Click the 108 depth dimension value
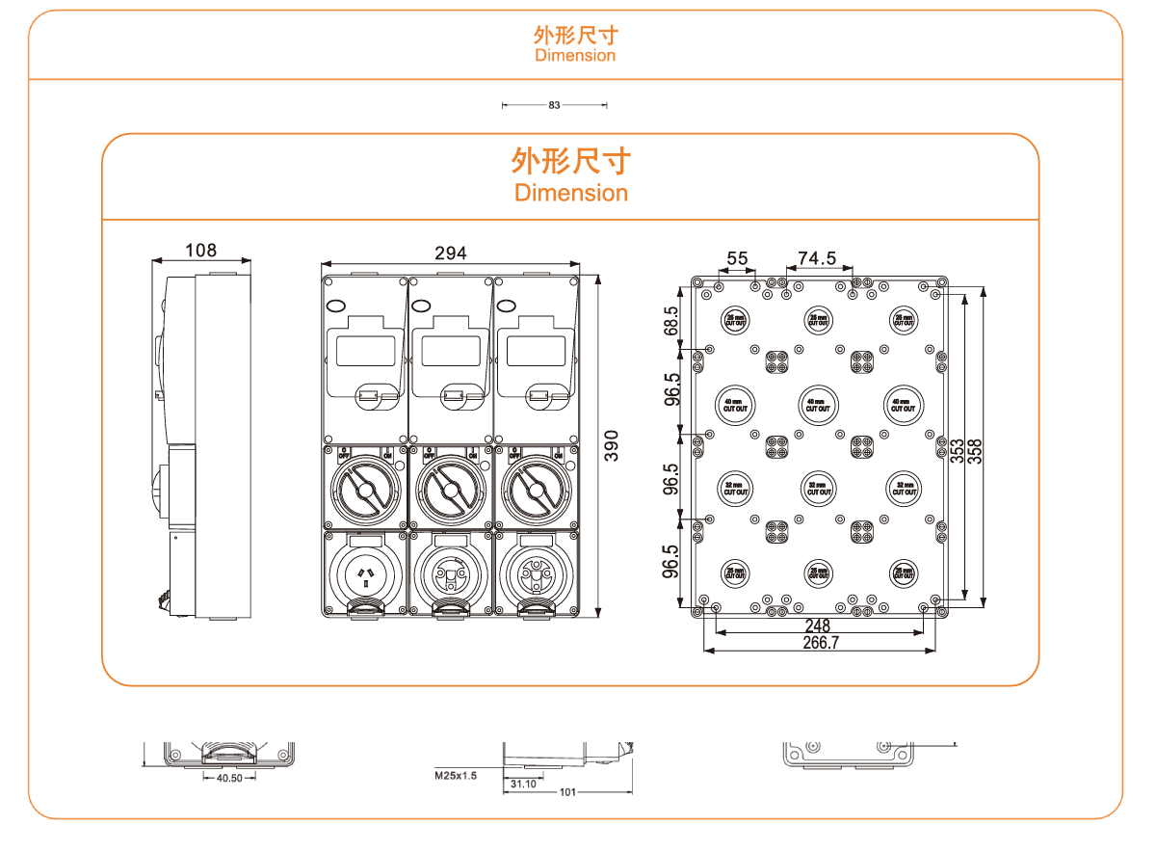(200, 251)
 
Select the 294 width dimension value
(450, 253)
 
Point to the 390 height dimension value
(614, 445)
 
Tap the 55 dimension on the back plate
(737, 258)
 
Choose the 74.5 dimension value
(817, 258)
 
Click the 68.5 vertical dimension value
(672, 321)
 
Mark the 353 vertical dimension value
(958, 451)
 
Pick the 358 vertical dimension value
(975, 451)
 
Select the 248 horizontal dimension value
(817, 626)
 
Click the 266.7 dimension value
(820, 643)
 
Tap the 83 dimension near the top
(554, 105)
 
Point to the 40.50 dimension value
(229, 777)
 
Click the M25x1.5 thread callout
(456, 774)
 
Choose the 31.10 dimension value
(523, 784)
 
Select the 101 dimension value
(567, 792)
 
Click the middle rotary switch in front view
(450, 488)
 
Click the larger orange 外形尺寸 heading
(570, 158)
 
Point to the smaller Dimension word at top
(575, 55)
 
